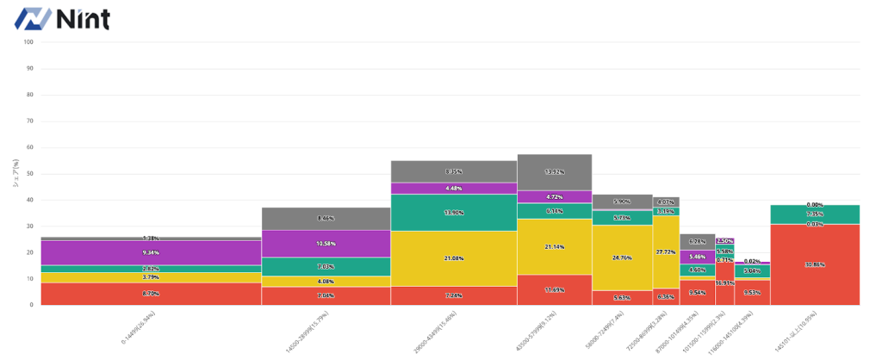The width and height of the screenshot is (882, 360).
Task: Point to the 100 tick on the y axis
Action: [29, 41]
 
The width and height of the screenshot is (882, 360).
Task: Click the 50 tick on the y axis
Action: [29, 173]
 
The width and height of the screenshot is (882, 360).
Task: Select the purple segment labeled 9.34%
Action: [151, 252]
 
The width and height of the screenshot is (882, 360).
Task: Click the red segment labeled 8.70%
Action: [151, 294]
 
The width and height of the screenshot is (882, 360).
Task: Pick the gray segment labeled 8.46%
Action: [326, 219]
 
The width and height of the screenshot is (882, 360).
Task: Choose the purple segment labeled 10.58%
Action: [326, 244]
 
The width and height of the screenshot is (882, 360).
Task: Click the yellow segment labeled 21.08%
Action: [454, 258]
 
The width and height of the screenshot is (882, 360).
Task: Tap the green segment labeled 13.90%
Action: [454, 213]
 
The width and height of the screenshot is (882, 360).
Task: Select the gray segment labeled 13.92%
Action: [555, 172]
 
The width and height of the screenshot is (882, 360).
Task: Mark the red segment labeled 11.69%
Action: [555, 289]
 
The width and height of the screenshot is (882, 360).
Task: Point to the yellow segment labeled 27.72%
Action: [666, 251]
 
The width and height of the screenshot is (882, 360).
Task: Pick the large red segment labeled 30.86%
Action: [815, 264]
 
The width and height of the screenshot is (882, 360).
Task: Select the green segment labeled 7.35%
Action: [815, 214]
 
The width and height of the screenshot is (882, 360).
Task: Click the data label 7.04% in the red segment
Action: [326, 295]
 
